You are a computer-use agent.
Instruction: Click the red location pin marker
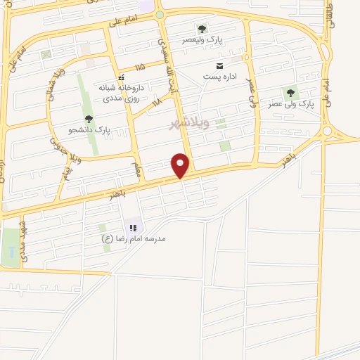[181, 165]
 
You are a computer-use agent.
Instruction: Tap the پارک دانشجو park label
[89, 130]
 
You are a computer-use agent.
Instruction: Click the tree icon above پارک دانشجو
[88, 119]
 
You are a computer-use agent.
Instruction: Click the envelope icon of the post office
[209, 65]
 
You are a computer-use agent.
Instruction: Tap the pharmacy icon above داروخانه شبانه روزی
[121, 77]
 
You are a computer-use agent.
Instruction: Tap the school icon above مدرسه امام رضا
[131, 228]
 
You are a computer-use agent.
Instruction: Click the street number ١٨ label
[156, 102]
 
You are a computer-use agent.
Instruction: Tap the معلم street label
[138, 169]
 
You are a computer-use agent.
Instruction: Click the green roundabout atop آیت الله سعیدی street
[160, 15]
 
